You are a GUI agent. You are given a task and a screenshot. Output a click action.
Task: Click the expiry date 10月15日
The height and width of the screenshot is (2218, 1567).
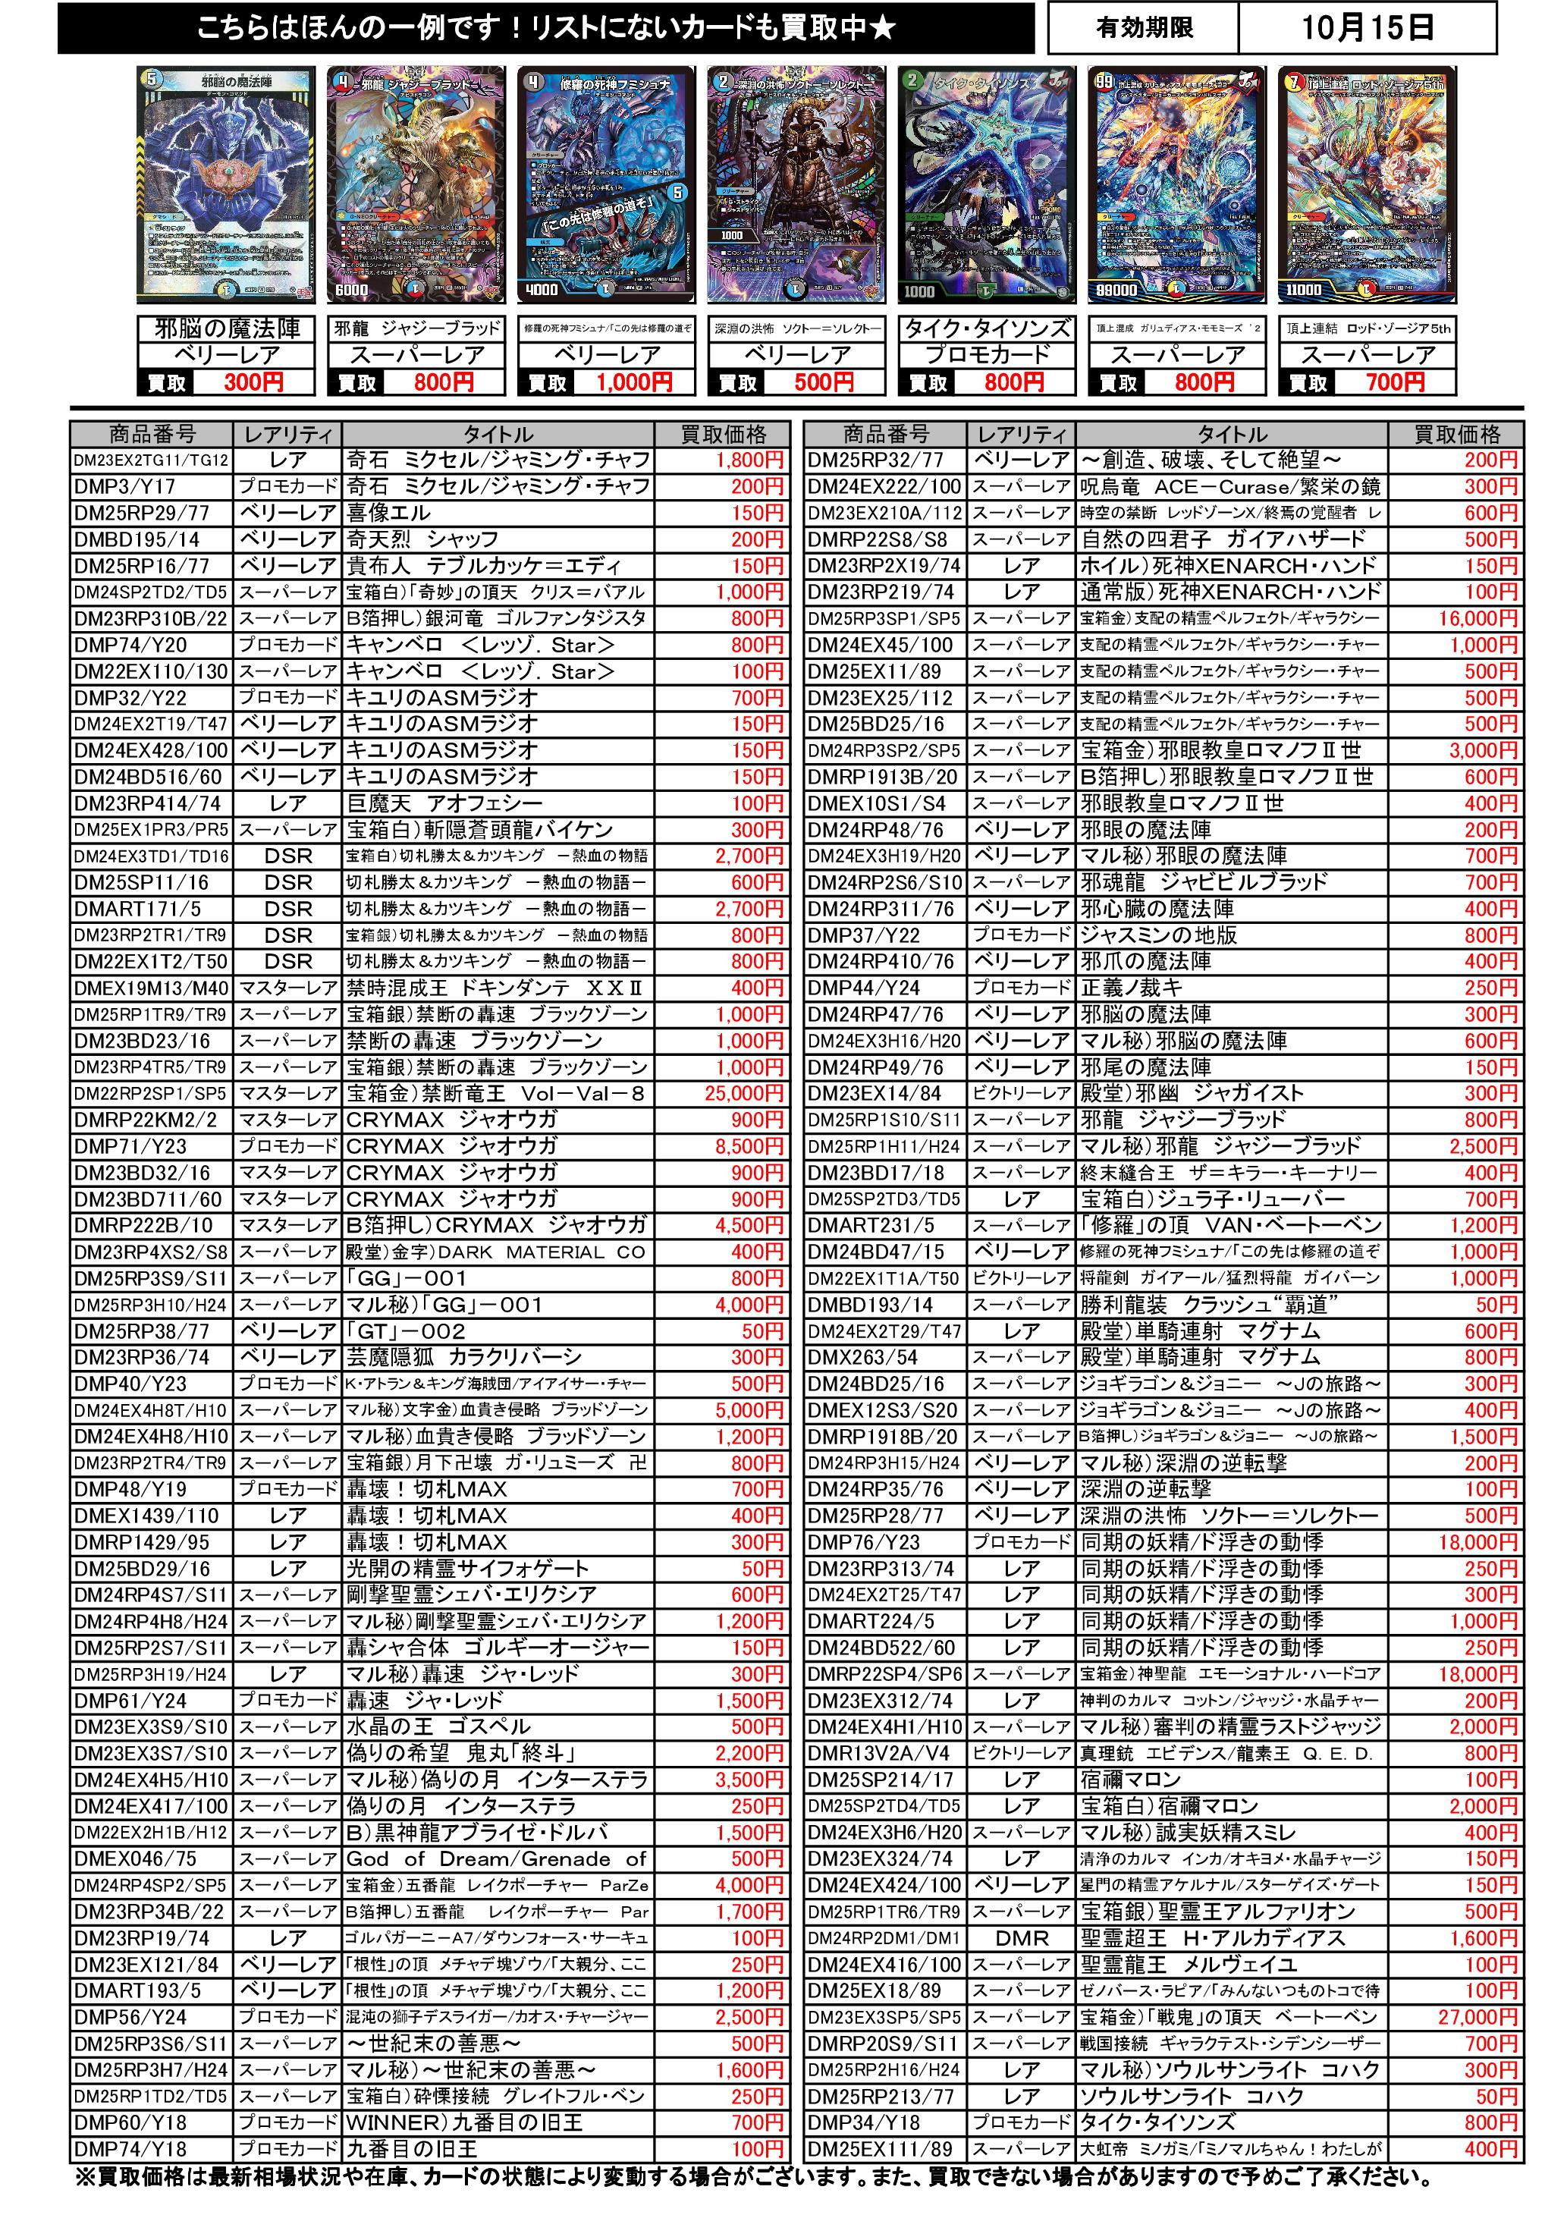(1366, 28)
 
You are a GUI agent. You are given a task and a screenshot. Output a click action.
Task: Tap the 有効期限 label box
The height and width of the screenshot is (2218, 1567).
(1144, 28)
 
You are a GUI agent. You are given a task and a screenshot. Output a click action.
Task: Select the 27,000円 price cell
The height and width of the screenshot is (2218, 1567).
(1478, 2017)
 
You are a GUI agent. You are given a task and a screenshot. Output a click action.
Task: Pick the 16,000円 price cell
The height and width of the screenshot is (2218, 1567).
(1478, 618)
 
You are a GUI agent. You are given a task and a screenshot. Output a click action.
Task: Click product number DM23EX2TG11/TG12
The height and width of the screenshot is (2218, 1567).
(152, 460)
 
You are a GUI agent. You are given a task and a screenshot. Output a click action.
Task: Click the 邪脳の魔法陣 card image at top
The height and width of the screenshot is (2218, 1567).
(226, 187)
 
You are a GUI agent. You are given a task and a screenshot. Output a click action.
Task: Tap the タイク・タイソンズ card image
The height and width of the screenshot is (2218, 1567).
(986, 187)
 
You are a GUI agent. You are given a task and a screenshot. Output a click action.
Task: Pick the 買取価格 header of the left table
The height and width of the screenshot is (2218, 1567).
(723, 434)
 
